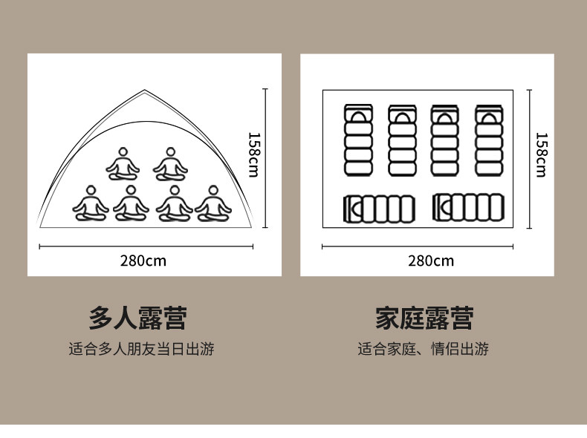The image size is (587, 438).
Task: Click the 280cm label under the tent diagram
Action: [x=143, y=261]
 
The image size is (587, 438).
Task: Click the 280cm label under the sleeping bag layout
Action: [x=430, y=261]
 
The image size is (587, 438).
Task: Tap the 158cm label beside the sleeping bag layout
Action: [x=541, y=154]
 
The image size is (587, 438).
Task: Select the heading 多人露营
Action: [x=137, y=318]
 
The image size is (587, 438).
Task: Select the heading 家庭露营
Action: [x=424, y=318]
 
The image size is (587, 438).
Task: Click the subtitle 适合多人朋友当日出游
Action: [x=141, y=349]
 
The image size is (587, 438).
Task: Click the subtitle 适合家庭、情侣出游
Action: [x=424, y=349]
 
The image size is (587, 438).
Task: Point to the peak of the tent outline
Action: [x=145, y=91]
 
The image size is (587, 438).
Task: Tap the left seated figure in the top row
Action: [x=123, y=165]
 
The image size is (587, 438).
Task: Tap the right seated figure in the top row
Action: [x=170, y=165]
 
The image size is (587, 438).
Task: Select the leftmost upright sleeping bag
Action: [x=358, y=140]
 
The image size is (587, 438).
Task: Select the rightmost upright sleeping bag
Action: [x=488, y=140]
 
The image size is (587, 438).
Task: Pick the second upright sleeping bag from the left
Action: [x=401, y=140]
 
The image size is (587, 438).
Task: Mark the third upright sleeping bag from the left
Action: [x=445, y=140]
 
